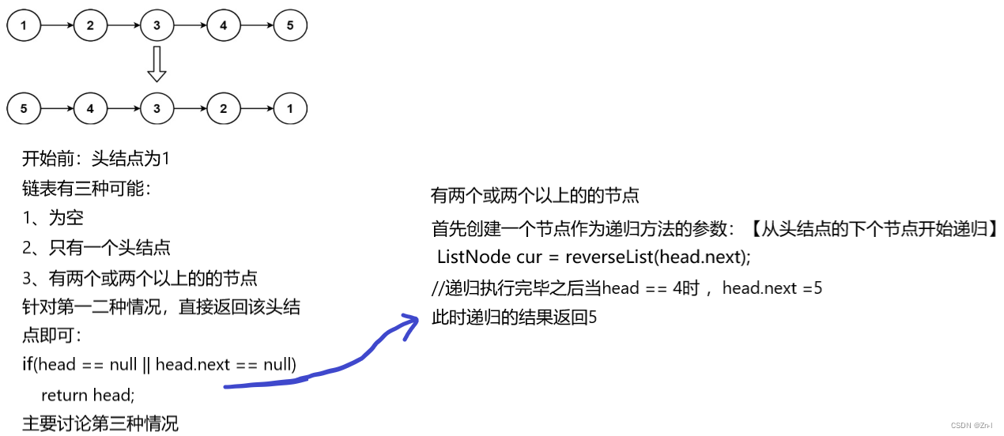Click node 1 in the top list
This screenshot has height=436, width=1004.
point(24,26)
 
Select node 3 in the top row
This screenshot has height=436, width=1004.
point(157,26)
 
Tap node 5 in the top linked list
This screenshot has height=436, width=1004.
point(290,26)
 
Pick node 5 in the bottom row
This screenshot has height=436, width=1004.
point(24,108)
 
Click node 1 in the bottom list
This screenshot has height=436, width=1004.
point(290,108)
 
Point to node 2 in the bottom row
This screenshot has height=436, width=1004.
point(224,108)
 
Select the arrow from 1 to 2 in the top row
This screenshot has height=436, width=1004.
point(57,26)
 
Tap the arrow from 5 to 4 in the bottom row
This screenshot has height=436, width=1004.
point(57,108)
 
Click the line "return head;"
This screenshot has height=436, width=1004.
point(88,395)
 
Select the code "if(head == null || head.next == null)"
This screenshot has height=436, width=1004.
point(159,365)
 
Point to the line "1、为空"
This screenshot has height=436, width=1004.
point(53,218)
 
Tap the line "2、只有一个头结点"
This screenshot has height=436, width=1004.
point(96,248)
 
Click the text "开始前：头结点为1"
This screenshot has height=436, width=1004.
point(96,159)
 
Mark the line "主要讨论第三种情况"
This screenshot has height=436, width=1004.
point(100,423)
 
